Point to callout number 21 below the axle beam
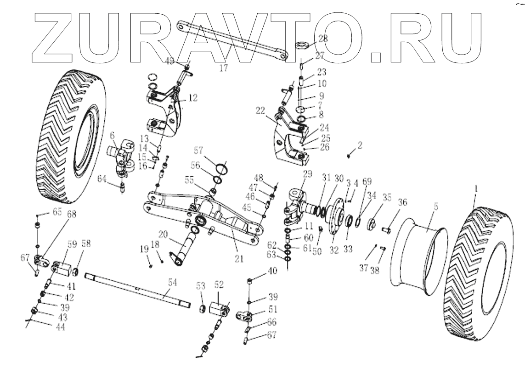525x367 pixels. (238, 259)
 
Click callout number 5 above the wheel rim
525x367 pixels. (435, 207)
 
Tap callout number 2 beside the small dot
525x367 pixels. (360, 146)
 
